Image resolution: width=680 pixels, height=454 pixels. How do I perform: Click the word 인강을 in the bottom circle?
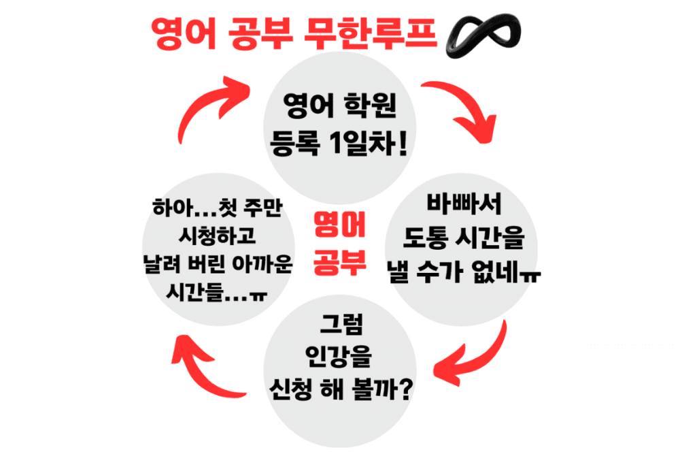coord(340,356)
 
